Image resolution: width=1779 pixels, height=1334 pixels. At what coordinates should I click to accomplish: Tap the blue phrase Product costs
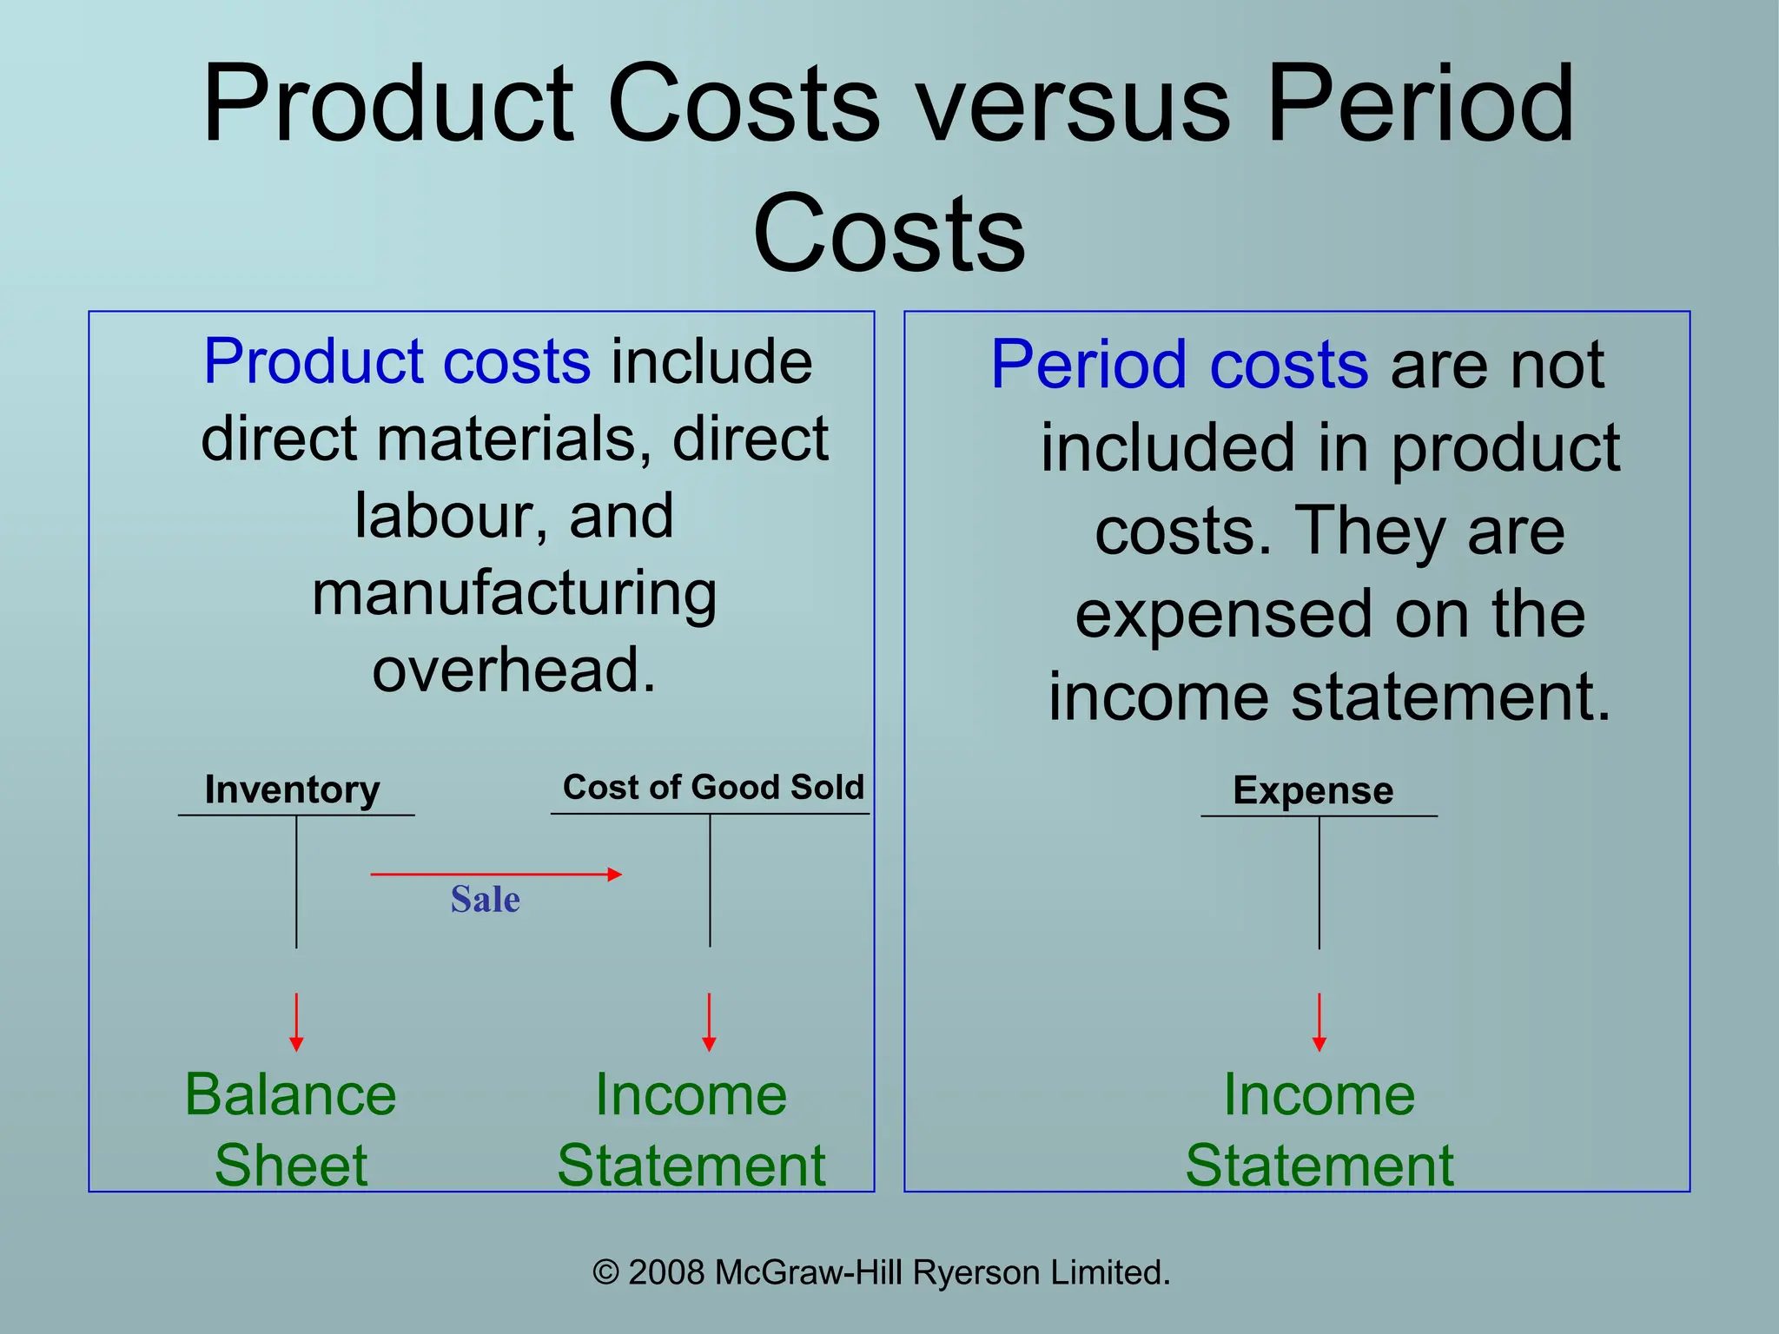(x=397, y=361)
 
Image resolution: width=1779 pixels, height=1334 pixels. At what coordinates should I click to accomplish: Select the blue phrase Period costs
(x=1179, y=365)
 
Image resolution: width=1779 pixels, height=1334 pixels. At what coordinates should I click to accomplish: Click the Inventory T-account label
(x=292, y=789)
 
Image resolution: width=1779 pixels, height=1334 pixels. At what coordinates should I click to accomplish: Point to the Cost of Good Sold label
(x=713, y=787)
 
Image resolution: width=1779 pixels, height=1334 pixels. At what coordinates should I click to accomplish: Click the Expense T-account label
(x=1313, y=790)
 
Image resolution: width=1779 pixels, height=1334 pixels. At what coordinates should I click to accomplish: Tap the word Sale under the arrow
(x=485, y=899)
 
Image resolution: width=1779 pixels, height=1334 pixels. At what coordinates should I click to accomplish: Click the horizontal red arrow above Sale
(x=495, y=874)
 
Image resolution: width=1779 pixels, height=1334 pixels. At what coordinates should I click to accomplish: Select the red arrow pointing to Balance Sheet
(x=296, y=1022)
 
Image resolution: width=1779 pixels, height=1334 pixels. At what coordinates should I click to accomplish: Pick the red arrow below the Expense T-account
(x=1319, y=1022)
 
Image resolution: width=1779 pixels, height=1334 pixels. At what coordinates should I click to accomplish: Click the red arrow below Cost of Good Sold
(x=709, y=1022)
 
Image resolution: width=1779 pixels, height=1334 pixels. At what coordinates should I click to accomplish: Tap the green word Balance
(x=290, y=1094)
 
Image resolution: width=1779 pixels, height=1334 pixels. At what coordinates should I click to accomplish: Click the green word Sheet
(x=290, y=1166)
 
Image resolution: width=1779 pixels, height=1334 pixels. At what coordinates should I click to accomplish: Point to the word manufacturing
(x=514, y=595)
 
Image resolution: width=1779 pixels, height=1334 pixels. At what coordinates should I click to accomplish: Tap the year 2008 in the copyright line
(x=665, y=1272)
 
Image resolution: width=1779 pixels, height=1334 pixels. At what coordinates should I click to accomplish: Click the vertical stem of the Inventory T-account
(x=296, y=882)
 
